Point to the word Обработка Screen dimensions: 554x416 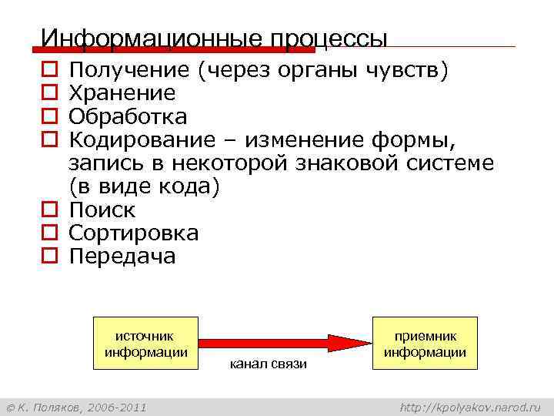tap(128, 117)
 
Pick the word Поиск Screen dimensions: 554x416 tap(102, 210)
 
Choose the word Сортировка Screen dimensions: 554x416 tap(134, 233)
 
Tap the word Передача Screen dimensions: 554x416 tap(122, 256)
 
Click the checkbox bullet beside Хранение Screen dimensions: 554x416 tap(48, 94)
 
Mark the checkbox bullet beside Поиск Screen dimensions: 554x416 tap(48, 210)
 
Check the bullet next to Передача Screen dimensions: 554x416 tap(48, 257)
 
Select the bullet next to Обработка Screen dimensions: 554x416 tap(48, 118)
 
